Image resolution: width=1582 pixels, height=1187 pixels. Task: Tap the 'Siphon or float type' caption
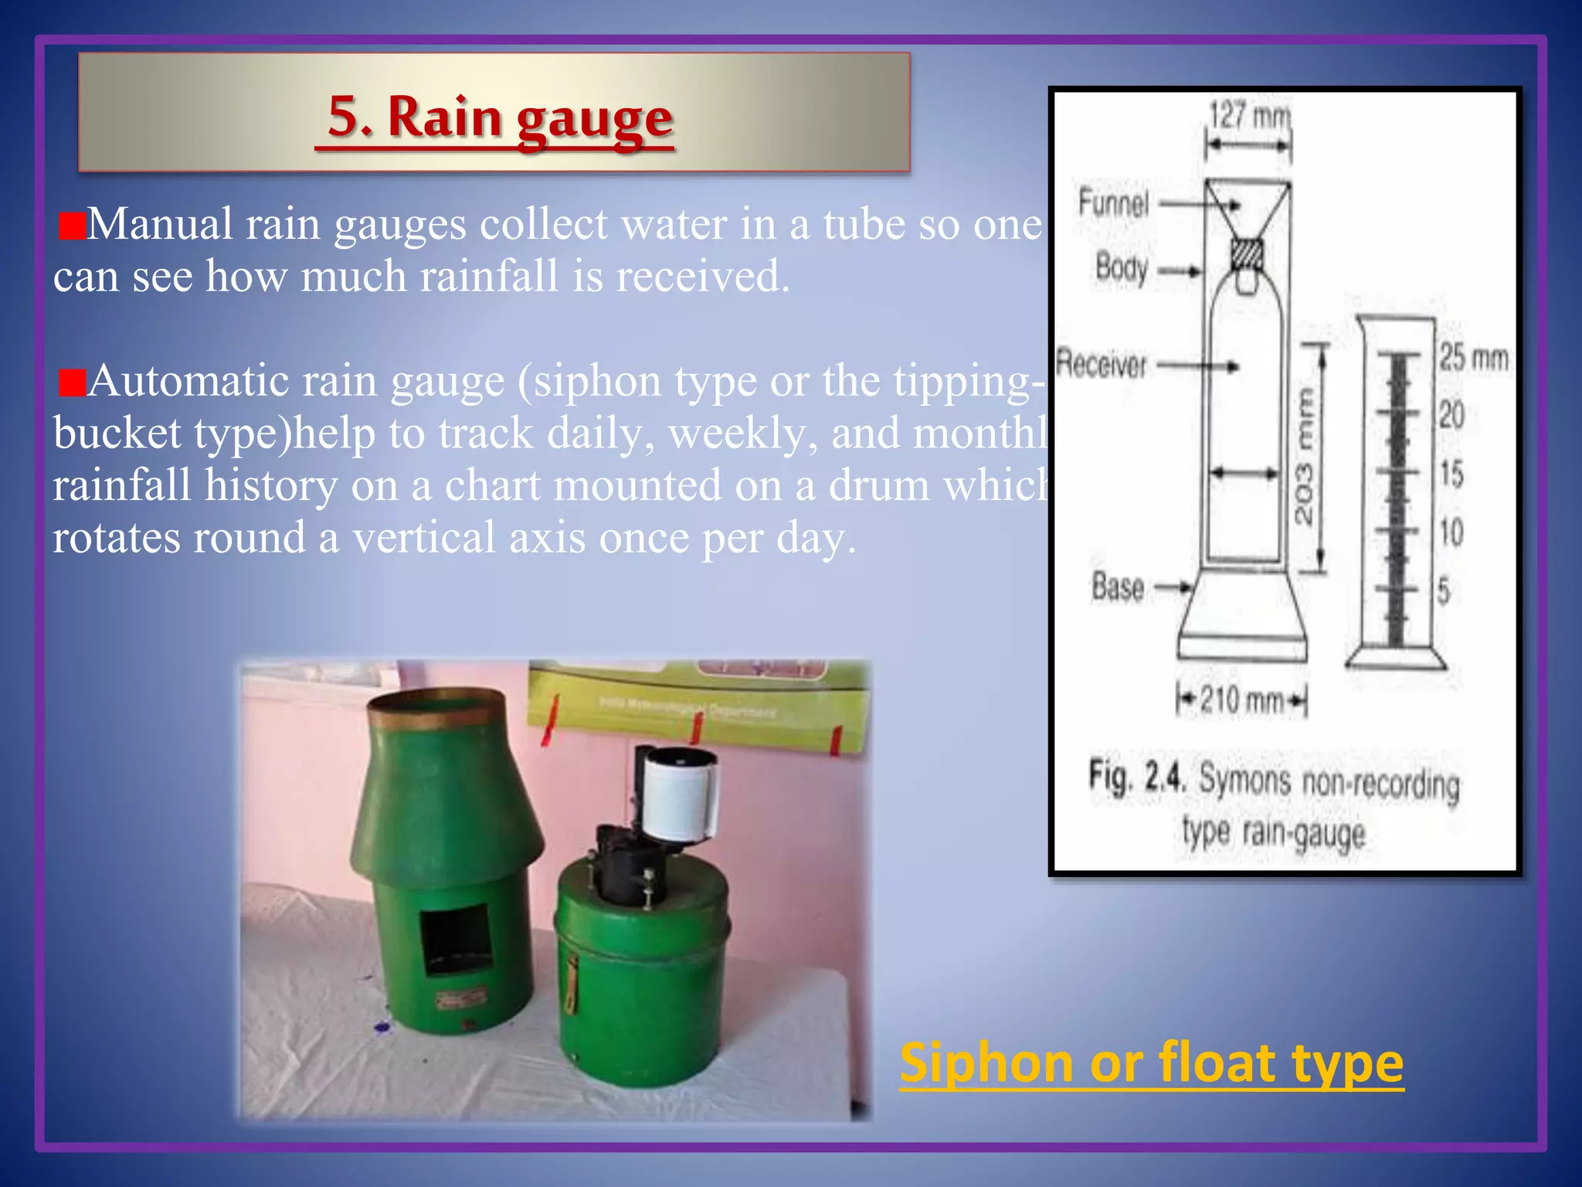coord(1151,1063)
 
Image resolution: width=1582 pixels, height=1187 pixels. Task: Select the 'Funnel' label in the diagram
coord(1113,203)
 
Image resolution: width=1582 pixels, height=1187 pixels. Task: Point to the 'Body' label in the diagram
coord(1122,268)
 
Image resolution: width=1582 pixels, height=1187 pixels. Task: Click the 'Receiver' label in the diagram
coord(1102,363)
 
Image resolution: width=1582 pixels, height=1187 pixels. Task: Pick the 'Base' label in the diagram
coord(1117,587)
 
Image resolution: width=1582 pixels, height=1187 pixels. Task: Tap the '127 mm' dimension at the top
coord(1249,116)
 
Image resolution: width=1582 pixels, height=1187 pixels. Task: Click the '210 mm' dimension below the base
coord(1241,700)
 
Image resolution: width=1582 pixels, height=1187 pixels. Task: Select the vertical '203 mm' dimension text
coord(1304,457)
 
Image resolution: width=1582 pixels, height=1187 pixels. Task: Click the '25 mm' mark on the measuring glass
coord(1472,358)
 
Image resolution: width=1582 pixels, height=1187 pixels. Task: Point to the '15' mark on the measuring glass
coord(1451,474)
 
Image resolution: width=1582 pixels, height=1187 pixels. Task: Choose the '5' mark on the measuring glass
coord(1444,592)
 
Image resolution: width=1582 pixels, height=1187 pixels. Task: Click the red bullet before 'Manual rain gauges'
coord(72,227)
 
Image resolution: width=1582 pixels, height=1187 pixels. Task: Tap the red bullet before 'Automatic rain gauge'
coord(72,383)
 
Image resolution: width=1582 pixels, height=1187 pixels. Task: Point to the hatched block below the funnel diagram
coord(1246,253)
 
